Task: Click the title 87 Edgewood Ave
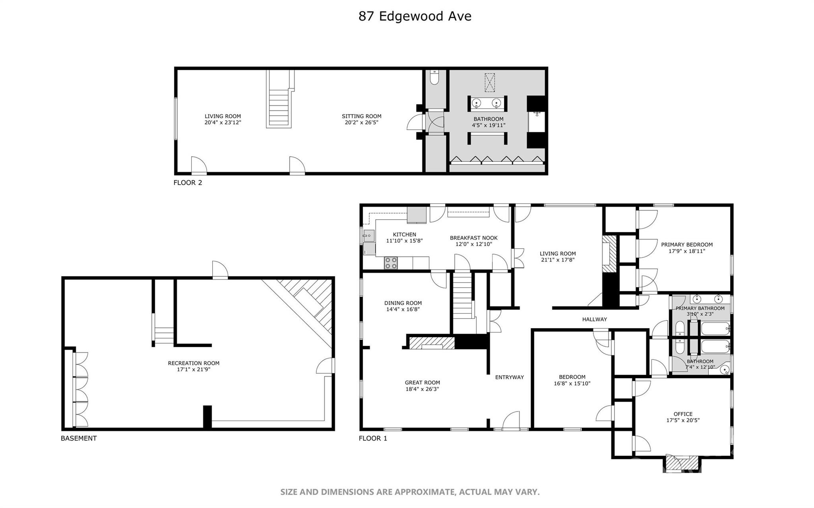(415, 16)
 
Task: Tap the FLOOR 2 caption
(188, 183)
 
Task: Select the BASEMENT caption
(79, 438)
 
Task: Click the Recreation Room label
(194, 363)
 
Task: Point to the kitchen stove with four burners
(390, 263)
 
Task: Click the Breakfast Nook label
(473, 238)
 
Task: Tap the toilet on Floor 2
(434, 78)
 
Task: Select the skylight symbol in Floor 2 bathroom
(490, 82)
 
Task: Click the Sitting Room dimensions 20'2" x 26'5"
(361, 123)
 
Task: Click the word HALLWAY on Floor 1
(594, 319)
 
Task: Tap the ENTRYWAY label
(509, 377)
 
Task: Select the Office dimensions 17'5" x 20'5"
(683, 420)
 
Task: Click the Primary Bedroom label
(686, 245)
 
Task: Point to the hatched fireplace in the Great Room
(432, 343)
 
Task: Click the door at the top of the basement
(220, 271)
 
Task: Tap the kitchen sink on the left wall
(368, 236)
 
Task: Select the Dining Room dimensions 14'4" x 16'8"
(403, 309)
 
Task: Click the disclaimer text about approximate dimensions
(410, 492)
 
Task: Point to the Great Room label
(422, 383)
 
